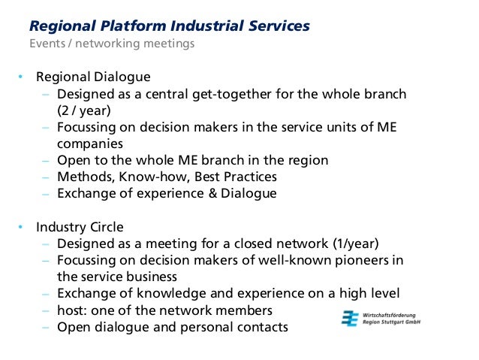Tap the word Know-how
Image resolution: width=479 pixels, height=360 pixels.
149,177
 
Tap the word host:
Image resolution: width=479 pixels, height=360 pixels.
74,310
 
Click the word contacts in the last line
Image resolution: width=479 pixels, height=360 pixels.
262,327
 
